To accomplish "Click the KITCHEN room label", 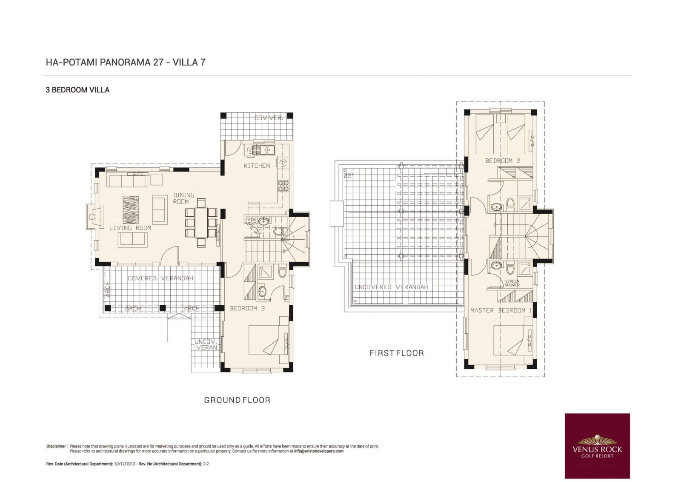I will coord(257,166).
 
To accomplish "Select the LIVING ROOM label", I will coord(130,228).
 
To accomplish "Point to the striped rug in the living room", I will coord(131,209).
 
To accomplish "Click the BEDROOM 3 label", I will coord(247,308).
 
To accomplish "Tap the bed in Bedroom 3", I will coord(266,340).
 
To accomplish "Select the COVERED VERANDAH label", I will coord(160,278).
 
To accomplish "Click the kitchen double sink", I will coord(264,149).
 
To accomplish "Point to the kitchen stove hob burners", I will coord(283,186).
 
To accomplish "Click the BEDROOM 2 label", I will coord(503,161).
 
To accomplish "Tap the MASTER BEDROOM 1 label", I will coord(501,310).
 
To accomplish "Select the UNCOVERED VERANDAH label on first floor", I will coord(391,287).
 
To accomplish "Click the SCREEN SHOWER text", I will coord(512,283).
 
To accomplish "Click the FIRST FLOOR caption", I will coord(396,353).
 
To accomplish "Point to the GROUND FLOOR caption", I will coord(237,400).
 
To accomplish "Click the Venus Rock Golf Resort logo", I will coord(597,446).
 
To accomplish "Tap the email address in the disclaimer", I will coord(318,451).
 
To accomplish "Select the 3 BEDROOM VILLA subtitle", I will coord(77,90).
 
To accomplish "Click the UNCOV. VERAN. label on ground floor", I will coord(206,344).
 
